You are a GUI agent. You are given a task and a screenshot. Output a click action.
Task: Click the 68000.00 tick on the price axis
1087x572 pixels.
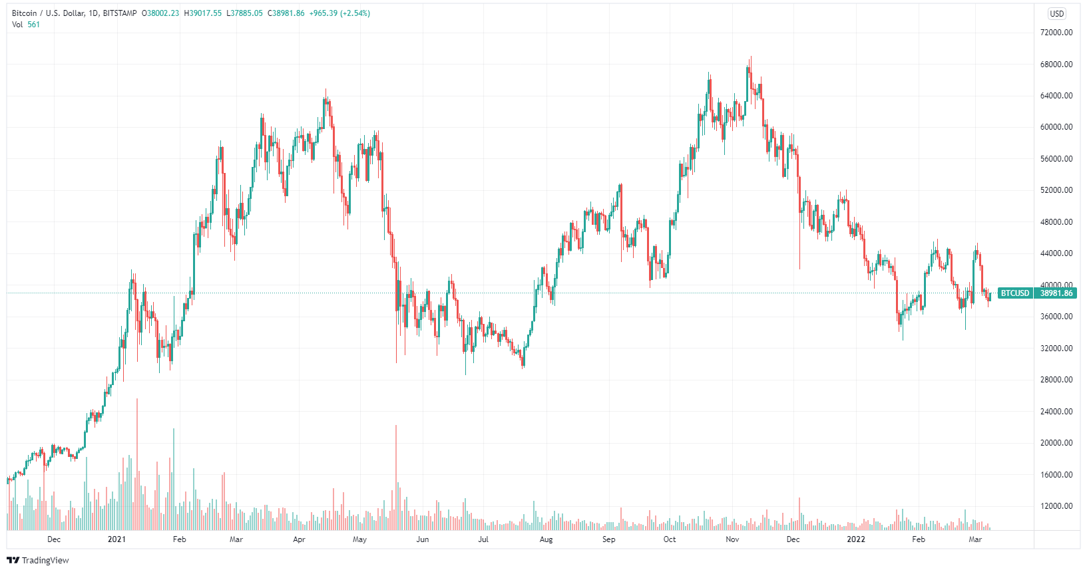point(1056,65)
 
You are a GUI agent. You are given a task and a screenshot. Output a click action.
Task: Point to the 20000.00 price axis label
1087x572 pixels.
point(1056,443)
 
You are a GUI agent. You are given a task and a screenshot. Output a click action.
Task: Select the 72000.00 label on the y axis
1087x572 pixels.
point(1056,33)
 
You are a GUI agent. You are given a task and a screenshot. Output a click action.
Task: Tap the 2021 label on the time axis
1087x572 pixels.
point(116,539)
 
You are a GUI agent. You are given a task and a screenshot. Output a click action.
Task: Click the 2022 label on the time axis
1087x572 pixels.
point(855,539)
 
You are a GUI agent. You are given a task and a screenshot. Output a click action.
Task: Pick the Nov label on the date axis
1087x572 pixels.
point(732,539)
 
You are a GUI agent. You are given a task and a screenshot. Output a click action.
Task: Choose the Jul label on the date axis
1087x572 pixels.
point(483,539)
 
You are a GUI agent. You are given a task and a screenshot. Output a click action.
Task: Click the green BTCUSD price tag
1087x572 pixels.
point(1015,293)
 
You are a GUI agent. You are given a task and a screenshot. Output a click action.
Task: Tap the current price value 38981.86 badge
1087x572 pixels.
point(1056,293)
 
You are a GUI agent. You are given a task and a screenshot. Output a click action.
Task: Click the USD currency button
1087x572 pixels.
point(1056,13)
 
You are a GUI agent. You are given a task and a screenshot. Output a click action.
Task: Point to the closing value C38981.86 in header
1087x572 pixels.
point(286,13)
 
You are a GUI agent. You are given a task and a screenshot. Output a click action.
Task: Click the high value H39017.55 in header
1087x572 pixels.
point(203,13)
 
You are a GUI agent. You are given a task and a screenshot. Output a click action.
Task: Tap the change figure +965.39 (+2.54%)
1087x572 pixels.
point(339,13)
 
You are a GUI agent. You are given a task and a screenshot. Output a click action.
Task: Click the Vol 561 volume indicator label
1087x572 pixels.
point(26,25)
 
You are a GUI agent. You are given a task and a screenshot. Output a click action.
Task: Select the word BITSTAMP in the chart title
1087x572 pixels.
point(120,13)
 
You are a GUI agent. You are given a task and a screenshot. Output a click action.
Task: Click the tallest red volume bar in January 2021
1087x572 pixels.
point(137,466)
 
